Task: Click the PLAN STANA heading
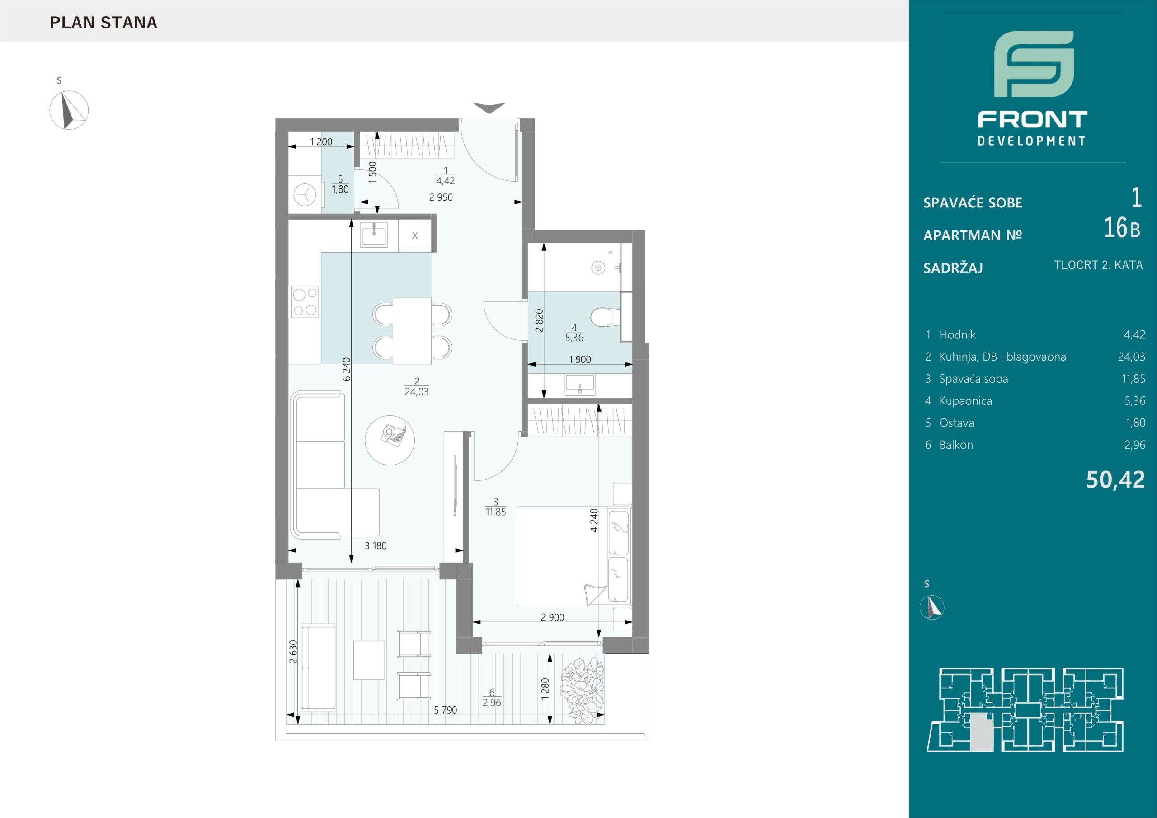coord(104,23)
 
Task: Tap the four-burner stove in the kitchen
coord(304,301)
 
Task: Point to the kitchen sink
coord(373,236)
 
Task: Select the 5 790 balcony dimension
coord(446,710)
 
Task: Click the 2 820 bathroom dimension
coord(539,320)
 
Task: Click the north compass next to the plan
coord(69,110)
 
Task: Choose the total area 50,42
coord(1116,480)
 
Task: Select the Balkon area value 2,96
coord(1134,445)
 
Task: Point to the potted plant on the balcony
coord(583,690)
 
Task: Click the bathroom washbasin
coord(580,385)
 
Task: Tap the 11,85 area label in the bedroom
coord(496,512)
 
